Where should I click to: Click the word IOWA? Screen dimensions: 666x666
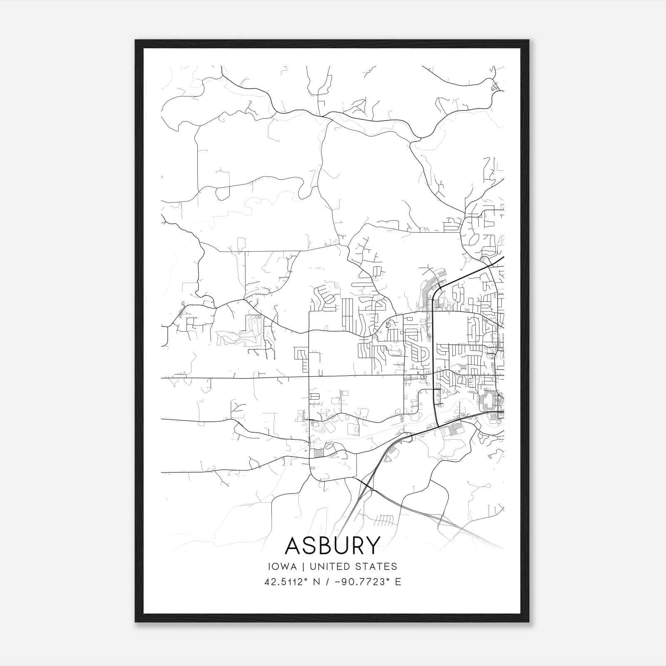point(283,567)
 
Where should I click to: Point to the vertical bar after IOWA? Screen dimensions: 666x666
point(303,567)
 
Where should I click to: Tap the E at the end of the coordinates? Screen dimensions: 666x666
point(398,582)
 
